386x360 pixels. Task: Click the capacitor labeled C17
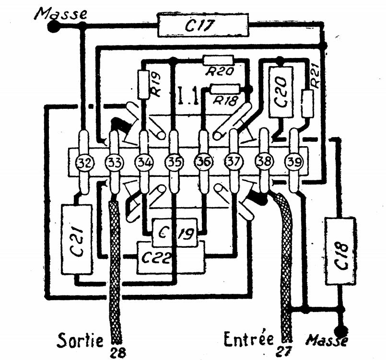pyautogui.click(x=203, y=25)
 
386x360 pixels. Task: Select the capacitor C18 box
pyautogui.click(x=341, y=250)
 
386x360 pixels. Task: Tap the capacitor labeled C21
pyautogui.click(x=76, y=239)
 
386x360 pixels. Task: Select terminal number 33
pyautogui.click(x=114, y=163)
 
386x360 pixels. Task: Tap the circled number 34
pyautogui.click(x=143, y=163)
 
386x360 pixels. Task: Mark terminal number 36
pyautogui.click(x=203, y=163)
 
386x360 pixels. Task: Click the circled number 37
pyautogui.click(x=234, y=163)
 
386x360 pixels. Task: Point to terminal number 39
pyautogui.click(x=292, y=163)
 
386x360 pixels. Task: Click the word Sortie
pyautogui.click(x=81, y=340)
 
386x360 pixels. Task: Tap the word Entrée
pyautogui.click(x=248, y=340)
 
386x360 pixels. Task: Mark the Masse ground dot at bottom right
pyautogui.click(x=341, y=331)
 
